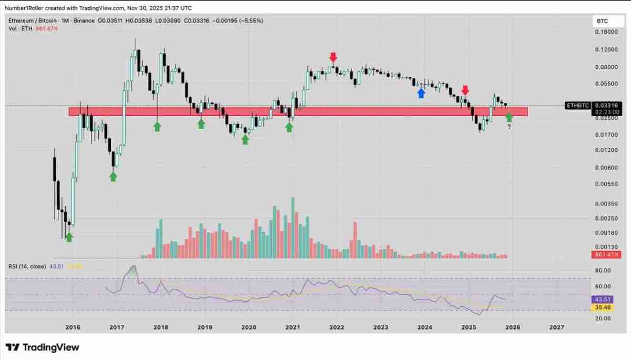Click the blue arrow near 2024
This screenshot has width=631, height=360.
click(421, 93)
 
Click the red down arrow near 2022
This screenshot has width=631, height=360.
click(333, 57)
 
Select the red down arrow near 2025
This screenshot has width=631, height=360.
click(465, 90)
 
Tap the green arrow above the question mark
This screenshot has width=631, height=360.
click(509, 117)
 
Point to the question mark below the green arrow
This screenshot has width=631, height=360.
click(509, 127)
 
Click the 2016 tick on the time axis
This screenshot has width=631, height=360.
click(73, 327)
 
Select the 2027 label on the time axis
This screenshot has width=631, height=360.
click(556, 327)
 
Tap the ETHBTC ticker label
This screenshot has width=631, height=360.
click(578, 106)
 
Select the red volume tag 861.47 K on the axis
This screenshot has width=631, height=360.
click(606, 254)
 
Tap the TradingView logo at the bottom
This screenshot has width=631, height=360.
click(42, 347)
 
